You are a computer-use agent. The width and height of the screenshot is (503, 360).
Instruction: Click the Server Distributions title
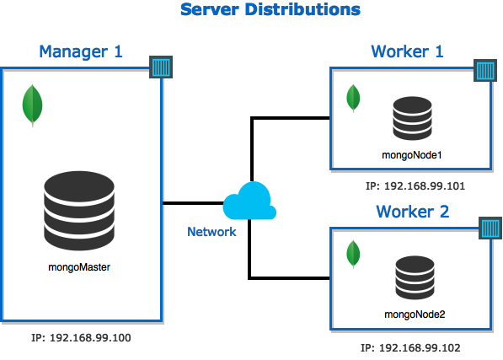click(270, 9)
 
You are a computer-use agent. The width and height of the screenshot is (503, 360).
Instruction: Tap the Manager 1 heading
click(81, 51)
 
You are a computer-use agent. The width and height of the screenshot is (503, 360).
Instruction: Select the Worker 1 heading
click(407, 51)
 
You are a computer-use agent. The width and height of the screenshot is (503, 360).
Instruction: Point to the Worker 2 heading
click(413, 212)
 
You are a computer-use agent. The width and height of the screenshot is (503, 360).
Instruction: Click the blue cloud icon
click(249, 201)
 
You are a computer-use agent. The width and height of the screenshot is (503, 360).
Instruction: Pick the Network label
click(211, 232)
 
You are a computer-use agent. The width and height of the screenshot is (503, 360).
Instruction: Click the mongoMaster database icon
click(79, 211)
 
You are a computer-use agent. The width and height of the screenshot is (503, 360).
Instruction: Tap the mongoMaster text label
click(79, 267)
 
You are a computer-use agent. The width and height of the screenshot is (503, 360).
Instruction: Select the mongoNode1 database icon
click(412, 118)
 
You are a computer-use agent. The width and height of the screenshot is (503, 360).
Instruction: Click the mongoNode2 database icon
click(415, 278)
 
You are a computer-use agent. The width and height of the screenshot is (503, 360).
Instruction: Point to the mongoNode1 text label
click(412, 155)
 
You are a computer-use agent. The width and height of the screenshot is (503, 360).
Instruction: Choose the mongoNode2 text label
click(415, 314)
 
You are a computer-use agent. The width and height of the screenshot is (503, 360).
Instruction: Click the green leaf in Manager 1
click(32, 105)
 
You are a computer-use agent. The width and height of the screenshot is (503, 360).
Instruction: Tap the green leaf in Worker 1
click(353, 98)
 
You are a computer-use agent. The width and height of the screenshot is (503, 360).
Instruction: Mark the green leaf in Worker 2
click(353, 254)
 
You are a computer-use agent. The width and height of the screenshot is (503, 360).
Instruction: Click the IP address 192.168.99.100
click(81, 337)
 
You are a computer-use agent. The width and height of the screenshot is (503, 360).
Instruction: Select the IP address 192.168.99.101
click(415, 186)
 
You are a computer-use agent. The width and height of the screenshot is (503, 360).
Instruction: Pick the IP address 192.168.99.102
click(410, 348)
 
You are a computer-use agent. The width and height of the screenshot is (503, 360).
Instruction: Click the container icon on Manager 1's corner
click(161, 67)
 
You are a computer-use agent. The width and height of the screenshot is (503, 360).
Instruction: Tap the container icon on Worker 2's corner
click(490, 228)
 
